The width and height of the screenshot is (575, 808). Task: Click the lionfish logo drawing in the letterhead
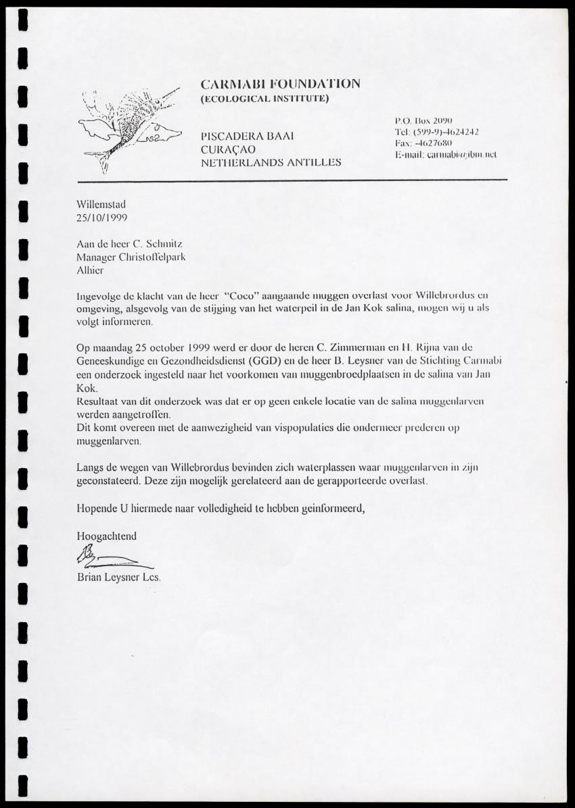pyautogui.click(x=129, y=128)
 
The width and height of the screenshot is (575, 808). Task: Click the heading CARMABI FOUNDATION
pyautogui.click(x=280, y=84)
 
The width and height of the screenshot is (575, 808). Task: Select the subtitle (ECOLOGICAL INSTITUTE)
pyautogui.click(x=264, y=99)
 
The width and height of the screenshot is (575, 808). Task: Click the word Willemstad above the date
pyautogui.click(x=101, y=205)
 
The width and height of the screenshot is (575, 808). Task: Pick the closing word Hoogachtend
pyautogui.click(x=107, y=536)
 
